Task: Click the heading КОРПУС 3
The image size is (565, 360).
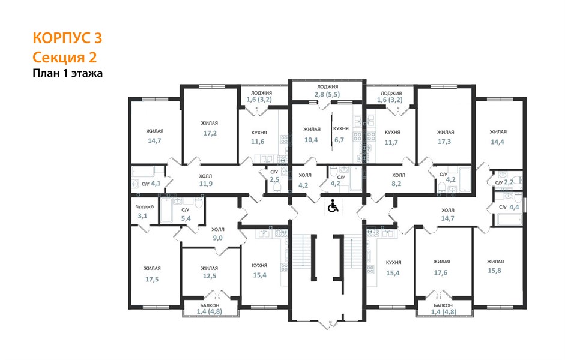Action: click(67, 38)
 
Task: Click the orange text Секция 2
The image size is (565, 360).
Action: click(65, 57)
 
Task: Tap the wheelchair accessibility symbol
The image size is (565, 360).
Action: click(333, 206)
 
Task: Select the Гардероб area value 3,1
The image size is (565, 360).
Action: click(142, 216)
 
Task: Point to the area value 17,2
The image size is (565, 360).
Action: click(210, 133)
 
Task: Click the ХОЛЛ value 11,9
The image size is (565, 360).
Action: click(206, 184)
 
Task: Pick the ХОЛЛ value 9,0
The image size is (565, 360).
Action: click(217, 238)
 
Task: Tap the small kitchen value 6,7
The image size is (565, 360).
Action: click(339, 140)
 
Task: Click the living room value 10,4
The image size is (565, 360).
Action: click(311, 140)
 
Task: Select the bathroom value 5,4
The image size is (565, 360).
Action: click(186, 218)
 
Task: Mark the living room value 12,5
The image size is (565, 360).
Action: click(210, 276)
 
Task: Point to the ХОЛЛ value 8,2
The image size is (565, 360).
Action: click(396, 184)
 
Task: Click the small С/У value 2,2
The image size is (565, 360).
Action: click(509, 182)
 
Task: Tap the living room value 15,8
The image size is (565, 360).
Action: click(494, 271)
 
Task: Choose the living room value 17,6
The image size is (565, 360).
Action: click(441, 273)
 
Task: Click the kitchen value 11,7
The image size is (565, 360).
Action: click(391, 142)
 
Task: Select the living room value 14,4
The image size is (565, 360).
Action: click(497, 142)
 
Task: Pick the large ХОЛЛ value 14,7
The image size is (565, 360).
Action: click(447, 218)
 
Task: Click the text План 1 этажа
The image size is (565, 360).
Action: click(68, 73)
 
